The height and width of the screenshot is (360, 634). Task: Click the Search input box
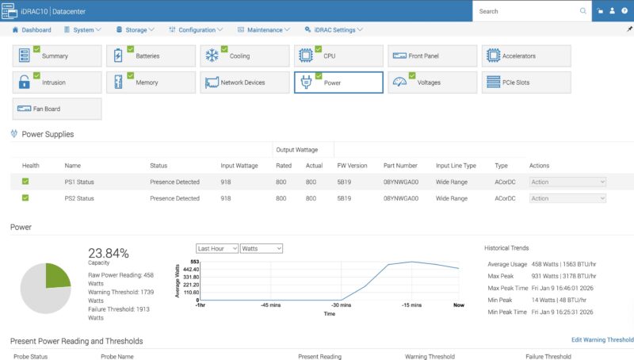click(527, 11)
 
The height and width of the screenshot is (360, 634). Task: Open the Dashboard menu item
click(32, 30)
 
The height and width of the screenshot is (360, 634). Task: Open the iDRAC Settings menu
click(334, 30)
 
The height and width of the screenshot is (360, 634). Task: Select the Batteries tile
click(151, 56)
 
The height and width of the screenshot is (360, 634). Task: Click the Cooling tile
click(244, 56)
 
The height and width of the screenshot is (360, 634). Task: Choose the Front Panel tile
click(432, 56)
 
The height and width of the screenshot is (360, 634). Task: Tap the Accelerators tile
click(526, 56)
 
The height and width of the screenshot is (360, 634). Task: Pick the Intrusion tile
click(57, 82)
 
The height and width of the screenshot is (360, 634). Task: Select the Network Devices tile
click(244, 82)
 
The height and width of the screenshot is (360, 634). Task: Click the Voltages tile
click(432, 82)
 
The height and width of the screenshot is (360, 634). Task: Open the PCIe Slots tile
click(526, 82)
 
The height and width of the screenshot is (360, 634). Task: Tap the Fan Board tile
click(57, 109)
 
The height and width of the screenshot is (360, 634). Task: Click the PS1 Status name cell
click(79, 182)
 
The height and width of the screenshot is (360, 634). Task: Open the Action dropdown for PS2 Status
click(568, 198)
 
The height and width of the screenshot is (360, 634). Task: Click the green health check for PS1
click(25, 182)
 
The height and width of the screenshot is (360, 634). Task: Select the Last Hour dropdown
click(217, 248)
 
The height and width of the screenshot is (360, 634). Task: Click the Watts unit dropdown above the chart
click(262, 248)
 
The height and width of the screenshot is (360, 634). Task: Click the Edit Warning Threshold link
click(602, 340)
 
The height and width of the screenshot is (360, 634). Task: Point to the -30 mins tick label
click(341, 305)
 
